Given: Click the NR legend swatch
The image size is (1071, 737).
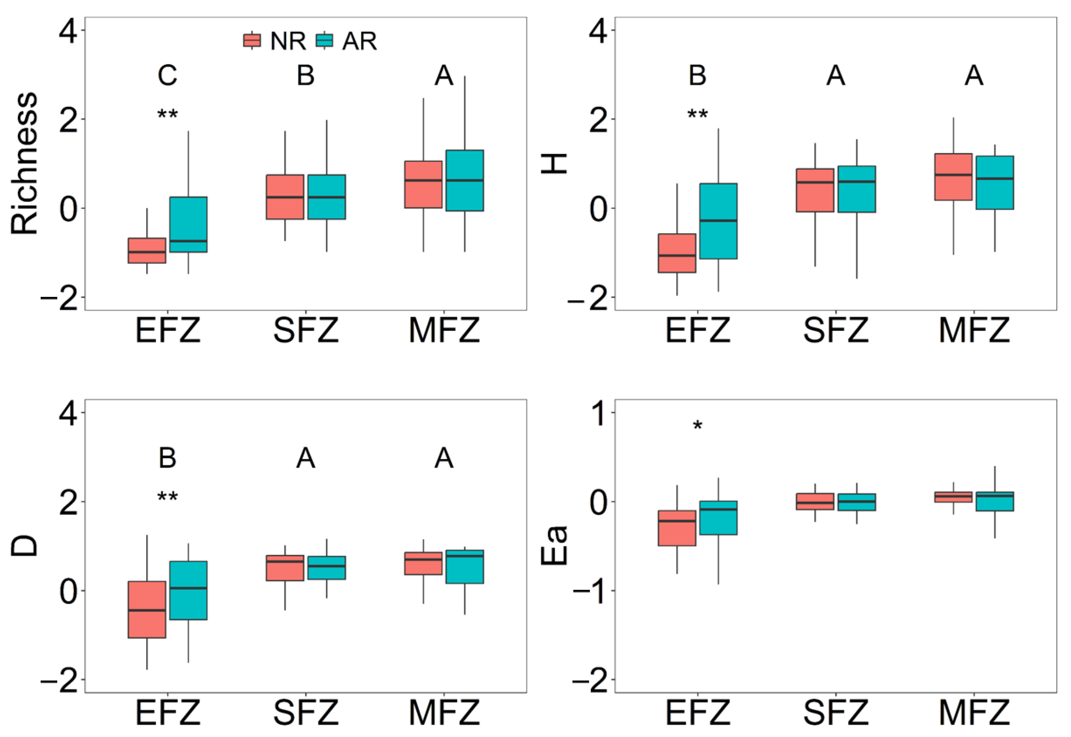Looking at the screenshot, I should (252, 41).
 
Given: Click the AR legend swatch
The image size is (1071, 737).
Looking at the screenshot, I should (324, 41).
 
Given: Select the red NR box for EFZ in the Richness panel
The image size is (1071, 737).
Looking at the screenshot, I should (147, 251).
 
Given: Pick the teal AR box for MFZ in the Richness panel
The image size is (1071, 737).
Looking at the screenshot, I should (464, 181).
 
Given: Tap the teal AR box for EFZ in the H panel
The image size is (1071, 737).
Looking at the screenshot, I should (718, 221).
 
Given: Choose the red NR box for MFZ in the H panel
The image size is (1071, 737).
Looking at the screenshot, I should (953, 177).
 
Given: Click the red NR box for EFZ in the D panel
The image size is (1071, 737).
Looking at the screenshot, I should (147, 609).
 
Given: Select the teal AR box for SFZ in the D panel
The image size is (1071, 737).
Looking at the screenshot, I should (327, 567).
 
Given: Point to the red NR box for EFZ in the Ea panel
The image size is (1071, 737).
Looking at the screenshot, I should (677, 528).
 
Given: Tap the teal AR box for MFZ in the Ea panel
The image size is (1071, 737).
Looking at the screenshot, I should (995, 501).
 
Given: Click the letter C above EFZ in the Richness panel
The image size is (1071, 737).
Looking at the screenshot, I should (167, 76).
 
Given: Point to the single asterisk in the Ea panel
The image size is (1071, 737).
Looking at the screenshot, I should (698, 425).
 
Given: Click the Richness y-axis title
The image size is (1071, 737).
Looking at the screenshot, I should (24, 164).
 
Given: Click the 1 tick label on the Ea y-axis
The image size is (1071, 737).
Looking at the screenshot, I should (599, 413).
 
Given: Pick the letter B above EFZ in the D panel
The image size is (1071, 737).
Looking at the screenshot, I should (167, 458).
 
